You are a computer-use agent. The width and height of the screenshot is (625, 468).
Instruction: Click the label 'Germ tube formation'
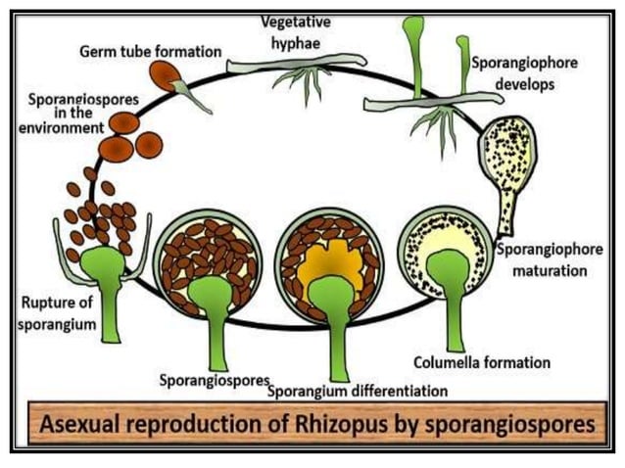(150, 50)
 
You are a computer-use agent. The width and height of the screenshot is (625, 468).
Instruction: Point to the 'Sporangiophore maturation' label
(550, 258)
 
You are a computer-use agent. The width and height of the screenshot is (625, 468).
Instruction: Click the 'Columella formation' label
(482, 362)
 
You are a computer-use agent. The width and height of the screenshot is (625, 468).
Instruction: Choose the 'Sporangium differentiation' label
(358, 391)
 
